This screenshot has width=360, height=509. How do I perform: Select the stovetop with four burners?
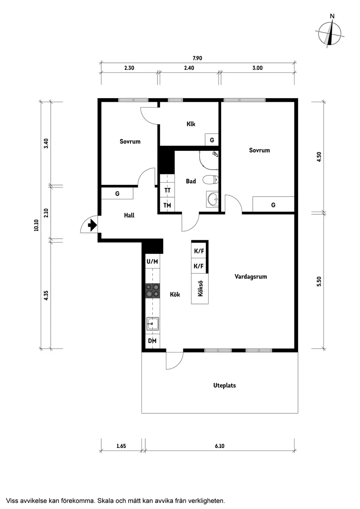(x=153, y=291)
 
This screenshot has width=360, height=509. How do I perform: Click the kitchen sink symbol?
(x=153, y=324)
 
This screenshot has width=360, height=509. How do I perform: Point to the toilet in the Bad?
(x=212, y=179)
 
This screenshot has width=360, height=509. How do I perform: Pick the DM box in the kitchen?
(x=152, y=341)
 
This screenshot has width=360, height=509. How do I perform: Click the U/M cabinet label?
(x=152, y=261)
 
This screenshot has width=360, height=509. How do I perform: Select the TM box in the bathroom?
(x=167, y=205)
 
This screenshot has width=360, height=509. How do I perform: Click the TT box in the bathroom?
(x=167, y=190)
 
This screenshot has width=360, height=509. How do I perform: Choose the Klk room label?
(x=191, y=124)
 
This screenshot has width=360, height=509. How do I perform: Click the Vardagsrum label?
(x=250, y=277)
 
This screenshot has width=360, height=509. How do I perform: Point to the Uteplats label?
(x=225, y=386)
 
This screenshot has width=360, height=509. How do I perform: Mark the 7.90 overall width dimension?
(x=198, y=58)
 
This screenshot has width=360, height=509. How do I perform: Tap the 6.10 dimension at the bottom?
(x=220, y=446)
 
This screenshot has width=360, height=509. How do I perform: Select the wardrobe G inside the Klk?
(x=212, y=140)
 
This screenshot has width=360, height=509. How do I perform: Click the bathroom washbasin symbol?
(x=213, y=199)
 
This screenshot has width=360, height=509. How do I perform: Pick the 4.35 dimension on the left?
(x=46, y=295)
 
